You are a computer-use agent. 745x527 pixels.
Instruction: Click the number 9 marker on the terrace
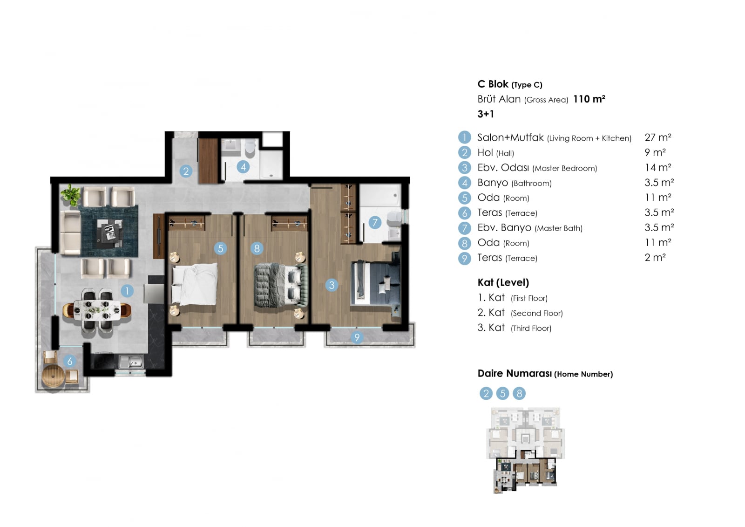tap(357, 337)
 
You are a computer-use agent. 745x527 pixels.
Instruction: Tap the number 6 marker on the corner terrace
tap(70, 361)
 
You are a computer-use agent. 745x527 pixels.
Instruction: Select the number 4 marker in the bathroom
tap(244, 167)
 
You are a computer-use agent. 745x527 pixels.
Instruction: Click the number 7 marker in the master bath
tap(375, 222)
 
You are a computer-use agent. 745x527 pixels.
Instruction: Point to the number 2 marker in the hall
tap(186, 171)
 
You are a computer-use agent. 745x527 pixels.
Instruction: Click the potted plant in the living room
tap(70, 194)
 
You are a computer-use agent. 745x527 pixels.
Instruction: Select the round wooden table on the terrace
tap(53, 376)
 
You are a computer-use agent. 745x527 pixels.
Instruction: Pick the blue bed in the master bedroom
tap(375, 282)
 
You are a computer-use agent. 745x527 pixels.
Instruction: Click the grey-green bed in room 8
tap(281, 285)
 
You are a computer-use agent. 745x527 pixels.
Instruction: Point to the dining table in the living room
tap(97, 310)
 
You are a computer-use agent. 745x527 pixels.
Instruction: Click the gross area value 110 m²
tap(589, 99)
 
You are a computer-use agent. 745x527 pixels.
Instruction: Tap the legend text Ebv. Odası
tap(503, 167)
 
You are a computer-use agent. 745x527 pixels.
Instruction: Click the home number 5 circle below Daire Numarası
tap(502, 393)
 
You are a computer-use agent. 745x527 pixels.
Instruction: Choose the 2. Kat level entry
tap(520, 313)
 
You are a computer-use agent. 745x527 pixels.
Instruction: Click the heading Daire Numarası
tap(515, 373)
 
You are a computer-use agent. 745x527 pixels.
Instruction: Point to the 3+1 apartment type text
tap(486, 114)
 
